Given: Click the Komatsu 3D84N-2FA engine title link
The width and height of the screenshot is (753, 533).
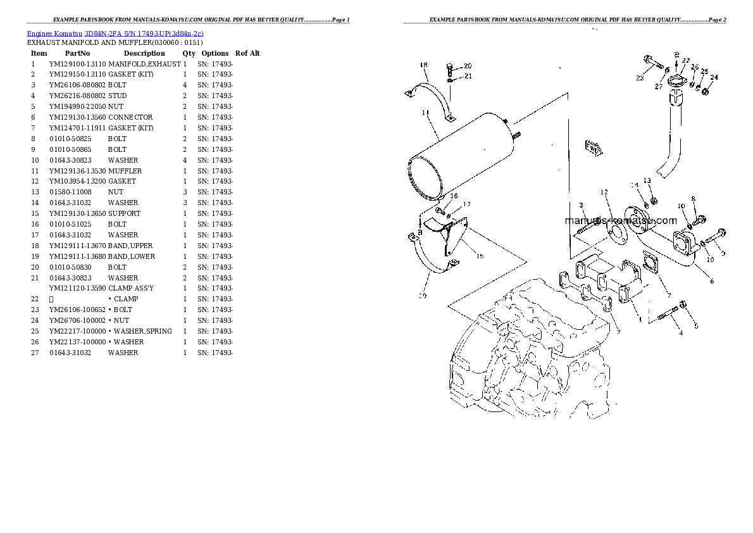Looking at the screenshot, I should [115, 33].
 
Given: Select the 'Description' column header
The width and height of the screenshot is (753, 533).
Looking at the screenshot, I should [144, 54].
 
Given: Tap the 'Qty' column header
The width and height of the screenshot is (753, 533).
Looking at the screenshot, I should [189, 54].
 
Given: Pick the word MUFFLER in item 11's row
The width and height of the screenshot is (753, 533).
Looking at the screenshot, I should [125, 171].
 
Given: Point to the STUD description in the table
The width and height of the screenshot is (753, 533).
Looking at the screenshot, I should [117, 96].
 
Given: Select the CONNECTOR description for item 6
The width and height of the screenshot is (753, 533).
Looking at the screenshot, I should [130, 117].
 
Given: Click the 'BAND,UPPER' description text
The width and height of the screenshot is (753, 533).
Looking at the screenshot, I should [130, 246].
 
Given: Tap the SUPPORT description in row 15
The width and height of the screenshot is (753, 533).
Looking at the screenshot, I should [124, 213].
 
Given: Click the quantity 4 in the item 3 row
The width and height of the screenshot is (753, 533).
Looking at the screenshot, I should [184, 85].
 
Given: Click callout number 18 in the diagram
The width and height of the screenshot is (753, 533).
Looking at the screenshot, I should [423, 65].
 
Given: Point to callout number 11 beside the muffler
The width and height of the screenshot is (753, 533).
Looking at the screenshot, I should [425, 113].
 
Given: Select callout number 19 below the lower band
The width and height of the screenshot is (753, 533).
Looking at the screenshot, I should [422, 295].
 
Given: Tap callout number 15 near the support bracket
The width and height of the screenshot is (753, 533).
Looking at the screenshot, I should [480, 256].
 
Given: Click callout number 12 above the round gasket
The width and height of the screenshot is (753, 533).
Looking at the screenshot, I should [604, 192].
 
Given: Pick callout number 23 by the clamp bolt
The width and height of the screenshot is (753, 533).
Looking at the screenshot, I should [640, 78].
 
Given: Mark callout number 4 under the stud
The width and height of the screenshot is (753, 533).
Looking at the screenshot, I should [681, 332].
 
